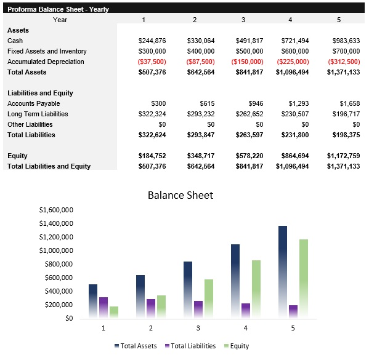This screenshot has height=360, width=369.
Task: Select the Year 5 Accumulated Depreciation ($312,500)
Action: point(343,62)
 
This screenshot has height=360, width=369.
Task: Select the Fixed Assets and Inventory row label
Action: point(47,51)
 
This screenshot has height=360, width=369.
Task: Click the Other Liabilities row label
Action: point(31,124)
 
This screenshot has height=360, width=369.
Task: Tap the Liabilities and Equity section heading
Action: point(40,93)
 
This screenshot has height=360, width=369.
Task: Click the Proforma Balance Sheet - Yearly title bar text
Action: point(58,9)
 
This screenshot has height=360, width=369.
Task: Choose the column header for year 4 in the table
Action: point(291,20)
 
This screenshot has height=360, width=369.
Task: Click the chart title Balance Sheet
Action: point(180,195)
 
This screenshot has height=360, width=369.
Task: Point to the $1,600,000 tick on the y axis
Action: point(56,210)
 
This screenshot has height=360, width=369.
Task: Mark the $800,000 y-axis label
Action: point(58,264)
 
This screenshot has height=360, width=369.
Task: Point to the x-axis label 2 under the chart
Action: point(150,328)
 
